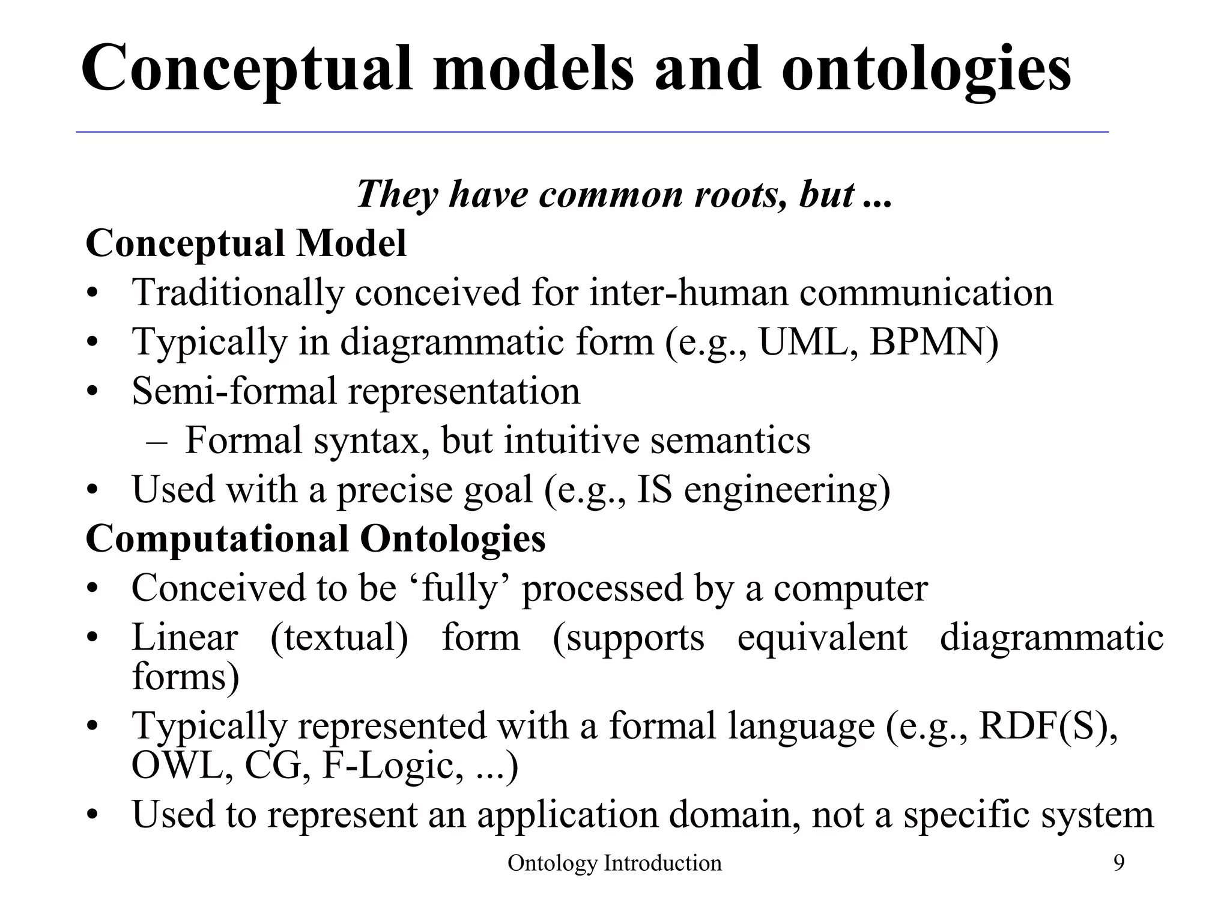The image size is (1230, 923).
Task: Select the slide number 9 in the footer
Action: [x=1119, y=864]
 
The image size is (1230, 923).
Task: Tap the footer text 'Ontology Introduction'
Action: [x=614, y=864]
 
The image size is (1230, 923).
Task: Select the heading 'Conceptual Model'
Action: [x=246, y=243]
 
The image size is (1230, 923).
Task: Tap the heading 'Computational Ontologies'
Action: [x=316, y=538]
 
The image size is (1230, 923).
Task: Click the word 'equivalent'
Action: [x=822, y=638]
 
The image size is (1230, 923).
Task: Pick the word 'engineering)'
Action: [x=787, y=490]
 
